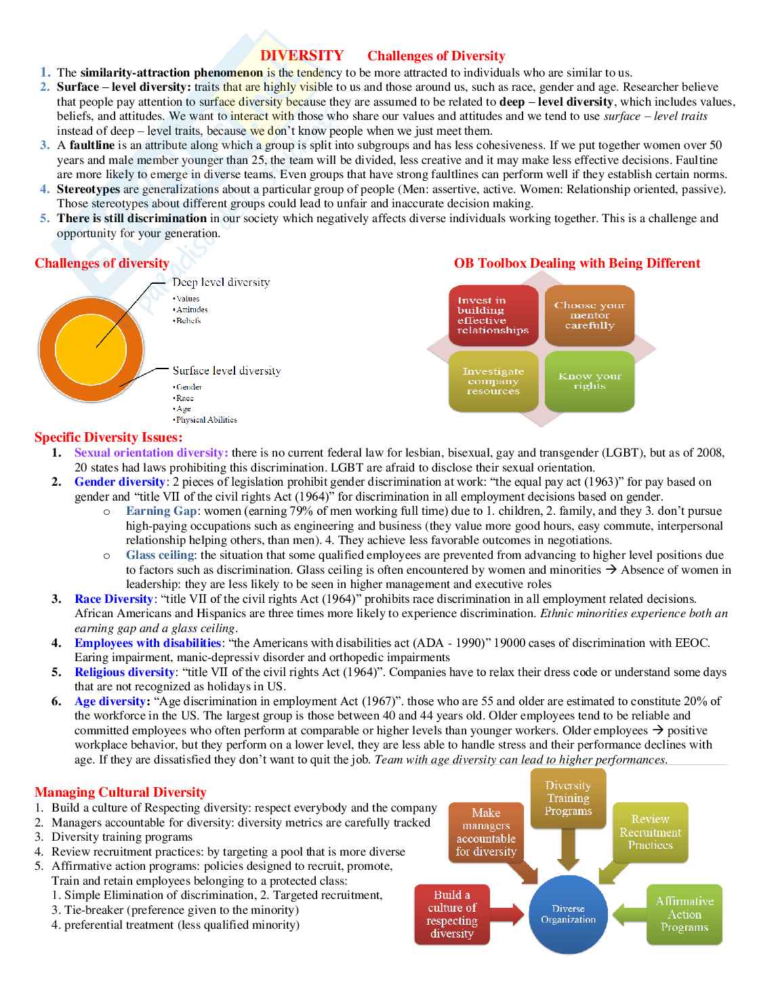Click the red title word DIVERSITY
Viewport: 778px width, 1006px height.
point(302,56)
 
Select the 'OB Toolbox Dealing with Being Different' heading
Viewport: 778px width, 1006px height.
point(577,263)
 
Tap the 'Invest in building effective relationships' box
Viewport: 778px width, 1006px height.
point(493,315)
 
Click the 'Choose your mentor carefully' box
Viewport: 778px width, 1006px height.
point(590,315)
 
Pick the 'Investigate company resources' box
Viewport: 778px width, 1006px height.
point(493,381)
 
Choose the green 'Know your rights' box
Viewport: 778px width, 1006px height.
point(590,381)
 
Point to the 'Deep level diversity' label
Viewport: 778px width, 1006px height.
point(221,282)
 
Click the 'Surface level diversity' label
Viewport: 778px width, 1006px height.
point(226,371)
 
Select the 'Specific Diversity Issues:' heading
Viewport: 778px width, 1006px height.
point(108,437)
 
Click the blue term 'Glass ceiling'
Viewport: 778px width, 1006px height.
point(160,555)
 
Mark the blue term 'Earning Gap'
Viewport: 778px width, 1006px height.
point(161,511)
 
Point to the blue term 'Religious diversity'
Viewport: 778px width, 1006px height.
point(125,672)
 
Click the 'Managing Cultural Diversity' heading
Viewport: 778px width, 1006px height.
point(121,792)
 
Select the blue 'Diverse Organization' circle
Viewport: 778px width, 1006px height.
point(568,915)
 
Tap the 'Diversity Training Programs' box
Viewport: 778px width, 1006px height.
point(568,798)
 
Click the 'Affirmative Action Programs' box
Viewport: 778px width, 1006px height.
point(684,914)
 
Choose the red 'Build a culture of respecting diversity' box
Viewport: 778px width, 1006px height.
point(452,914)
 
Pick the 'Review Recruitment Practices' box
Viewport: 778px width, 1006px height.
point(650,832)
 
